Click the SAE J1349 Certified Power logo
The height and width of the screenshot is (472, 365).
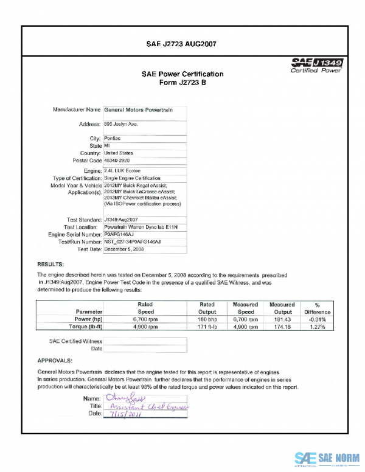point(317,65)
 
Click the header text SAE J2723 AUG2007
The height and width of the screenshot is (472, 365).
point(182,44)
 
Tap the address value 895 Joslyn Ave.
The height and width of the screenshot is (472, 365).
point(122,124)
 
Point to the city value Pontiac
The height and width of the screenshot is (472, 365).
point(113,139)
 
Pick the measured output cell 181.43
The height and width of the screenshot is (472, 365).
point(282,319)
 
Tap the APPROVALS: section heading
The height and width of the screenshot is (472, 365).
point(55,360)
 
